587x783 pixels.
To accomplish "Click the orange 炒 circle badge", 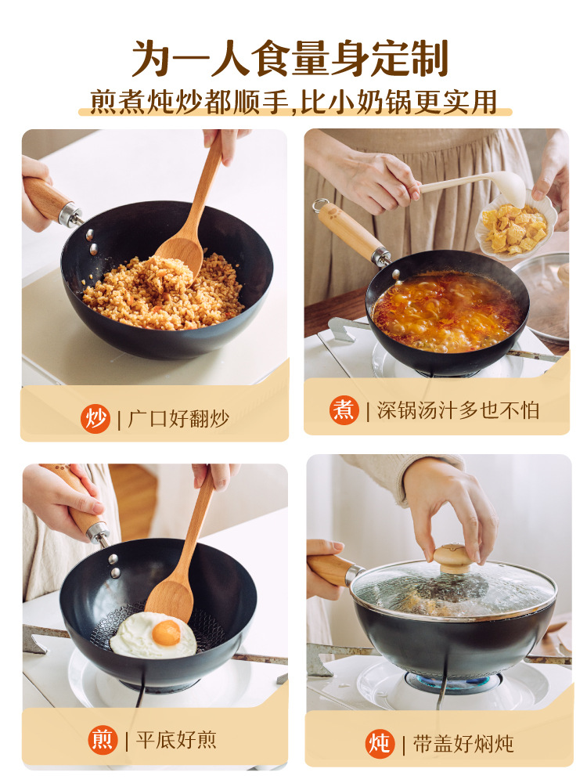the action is (95, 418).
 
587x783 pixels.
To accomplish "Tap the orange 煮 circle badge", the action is (344, 410).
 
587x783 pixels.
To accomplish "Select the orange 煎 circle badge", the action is (103, 740).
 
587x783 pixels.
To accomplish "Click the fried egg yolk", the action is (166, 633).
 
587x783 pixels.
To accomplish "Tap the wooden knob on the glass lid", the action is (452, 557).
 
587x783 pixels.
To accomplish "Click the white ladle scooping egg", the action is (474, 188).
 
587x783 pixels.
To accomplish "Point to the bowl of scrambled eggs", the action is (514, 227).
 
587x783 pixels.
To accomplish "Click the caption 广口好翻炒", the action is (178, 418).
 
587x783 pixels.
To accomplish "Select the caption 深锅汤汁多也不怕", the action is (458, 410).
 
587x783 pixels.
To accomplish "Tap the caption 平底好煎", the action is (176, 740).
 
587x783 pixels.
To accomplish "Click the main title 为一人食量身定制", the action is (290, 58).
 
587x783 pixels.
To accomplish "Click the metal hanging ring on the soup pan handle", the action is (319, 204).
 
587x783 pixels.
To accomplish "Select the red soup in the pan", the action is (447, 311).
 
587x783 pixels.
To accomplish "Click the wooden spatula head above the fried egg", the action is (171, 598).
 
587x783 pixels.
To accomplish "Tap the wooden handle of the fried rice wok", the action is (46, 198).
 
